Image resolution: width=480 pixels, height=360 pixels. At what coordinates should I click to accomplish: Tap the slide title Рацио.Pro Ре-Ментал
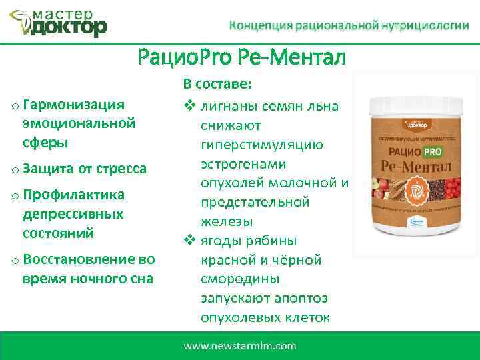point(241,58)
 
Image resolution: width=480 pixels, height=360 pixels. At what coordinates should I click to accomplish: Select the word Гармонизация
point(73,104)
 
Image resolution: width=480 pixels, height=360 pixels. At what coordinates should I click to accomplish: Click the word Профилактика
point(73,195)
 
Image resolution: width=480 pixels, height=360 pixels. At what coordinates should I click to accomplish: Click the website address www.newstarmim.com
point(239,346)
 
